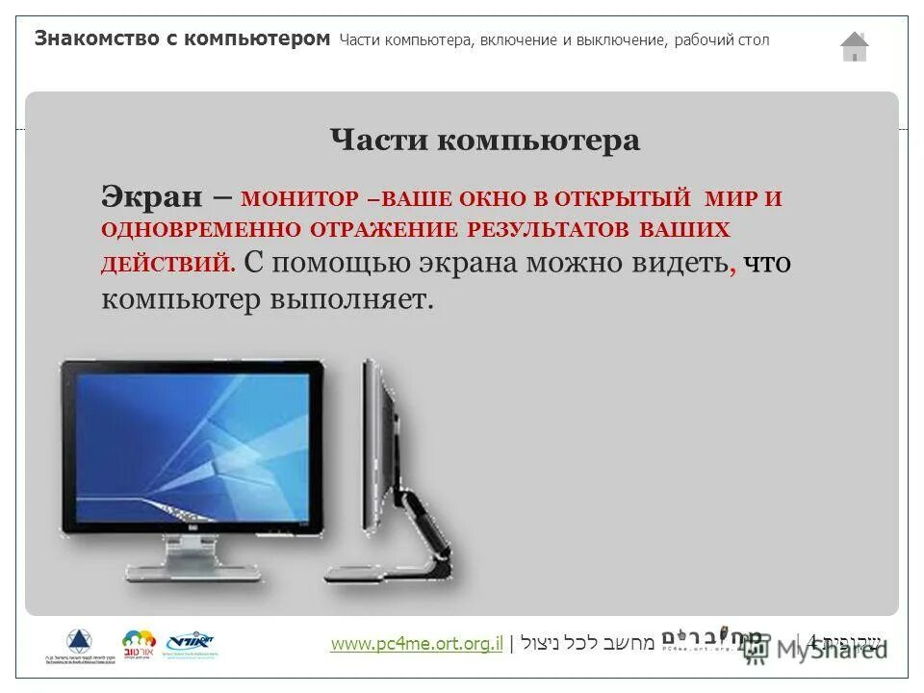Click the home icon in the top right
pyautogui.click(x=854, y=46)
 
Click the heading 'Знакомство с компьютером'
pyautogui.click(x=182, y=39)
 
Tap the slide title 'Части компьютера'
pyautogui.click(x=484, y=141)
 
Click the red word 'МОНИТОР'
pyautogui.click(x=299, y=200)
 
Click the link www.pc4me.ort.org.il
pyautogui.click(x=416, y=644)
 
